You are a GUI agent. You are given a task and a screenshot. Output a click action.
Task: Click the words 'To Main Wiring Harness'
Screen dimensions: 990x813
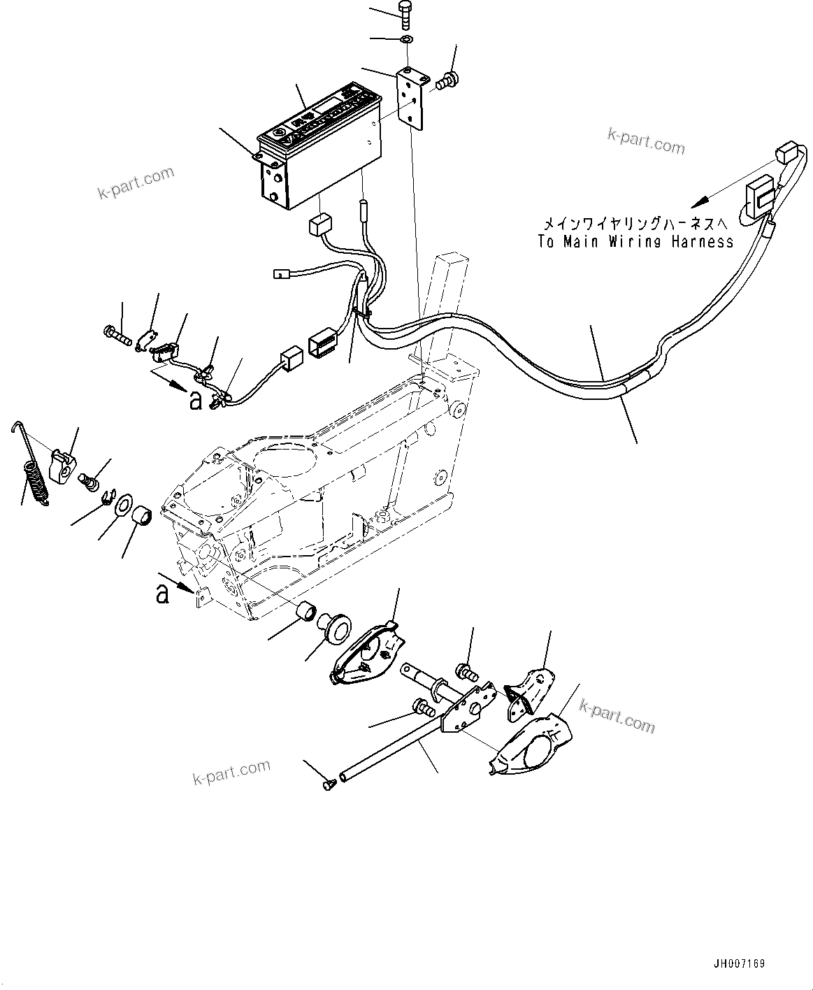(x=635, y=242)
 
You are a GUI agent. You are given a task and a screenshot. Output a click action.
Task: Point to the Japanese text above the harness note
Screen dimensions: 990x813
(x=635, y=224)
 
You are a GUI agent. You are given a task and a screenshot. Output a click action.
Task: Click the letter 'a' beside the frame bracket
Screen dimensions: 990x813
(x=162, y=594)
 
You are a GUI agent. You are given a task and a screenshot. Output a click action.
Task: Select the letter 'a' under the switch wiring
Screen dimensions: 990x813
(x=195, y=400)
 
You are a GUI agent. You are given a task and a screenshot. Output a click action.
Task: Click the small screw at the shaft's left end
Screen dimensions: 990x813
(x=328, y=785)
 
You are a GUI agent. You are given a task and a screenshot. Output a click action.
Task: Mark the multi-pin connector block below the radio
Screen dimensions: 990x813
(x=322, y=343)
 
